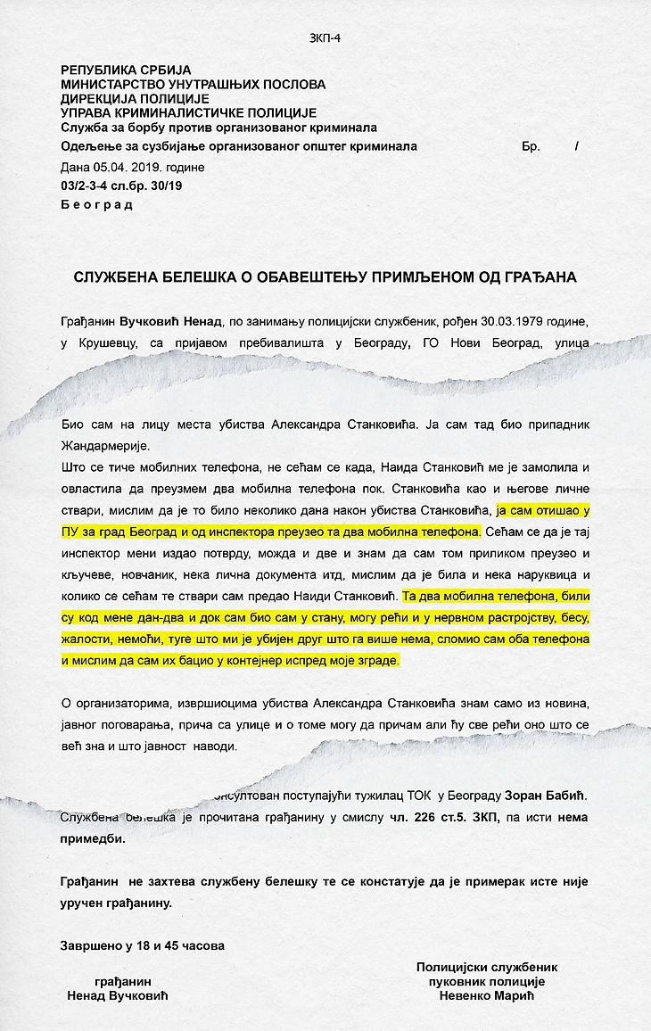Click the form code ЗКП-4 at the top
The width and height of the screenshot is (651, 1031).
(325, 37)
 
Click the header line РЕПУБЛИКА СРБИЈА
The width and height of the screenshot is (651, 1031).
(125, 70)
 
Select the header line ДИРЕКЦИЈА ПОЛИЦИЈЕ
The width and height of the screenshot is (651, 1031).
(135, 99)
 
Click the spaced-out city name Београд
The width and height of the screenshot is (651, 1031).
(96, 205)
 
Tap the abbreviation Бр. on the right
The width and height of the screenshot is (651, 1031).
(532, 147)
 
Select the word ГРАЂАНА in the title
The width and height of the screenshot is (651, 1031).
(539, 277)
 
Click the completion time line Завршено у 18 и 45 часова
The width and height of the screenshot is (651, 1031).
(143, 944)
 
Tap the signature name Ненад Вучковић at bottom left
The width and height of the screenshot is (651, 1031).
(118, 996)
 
